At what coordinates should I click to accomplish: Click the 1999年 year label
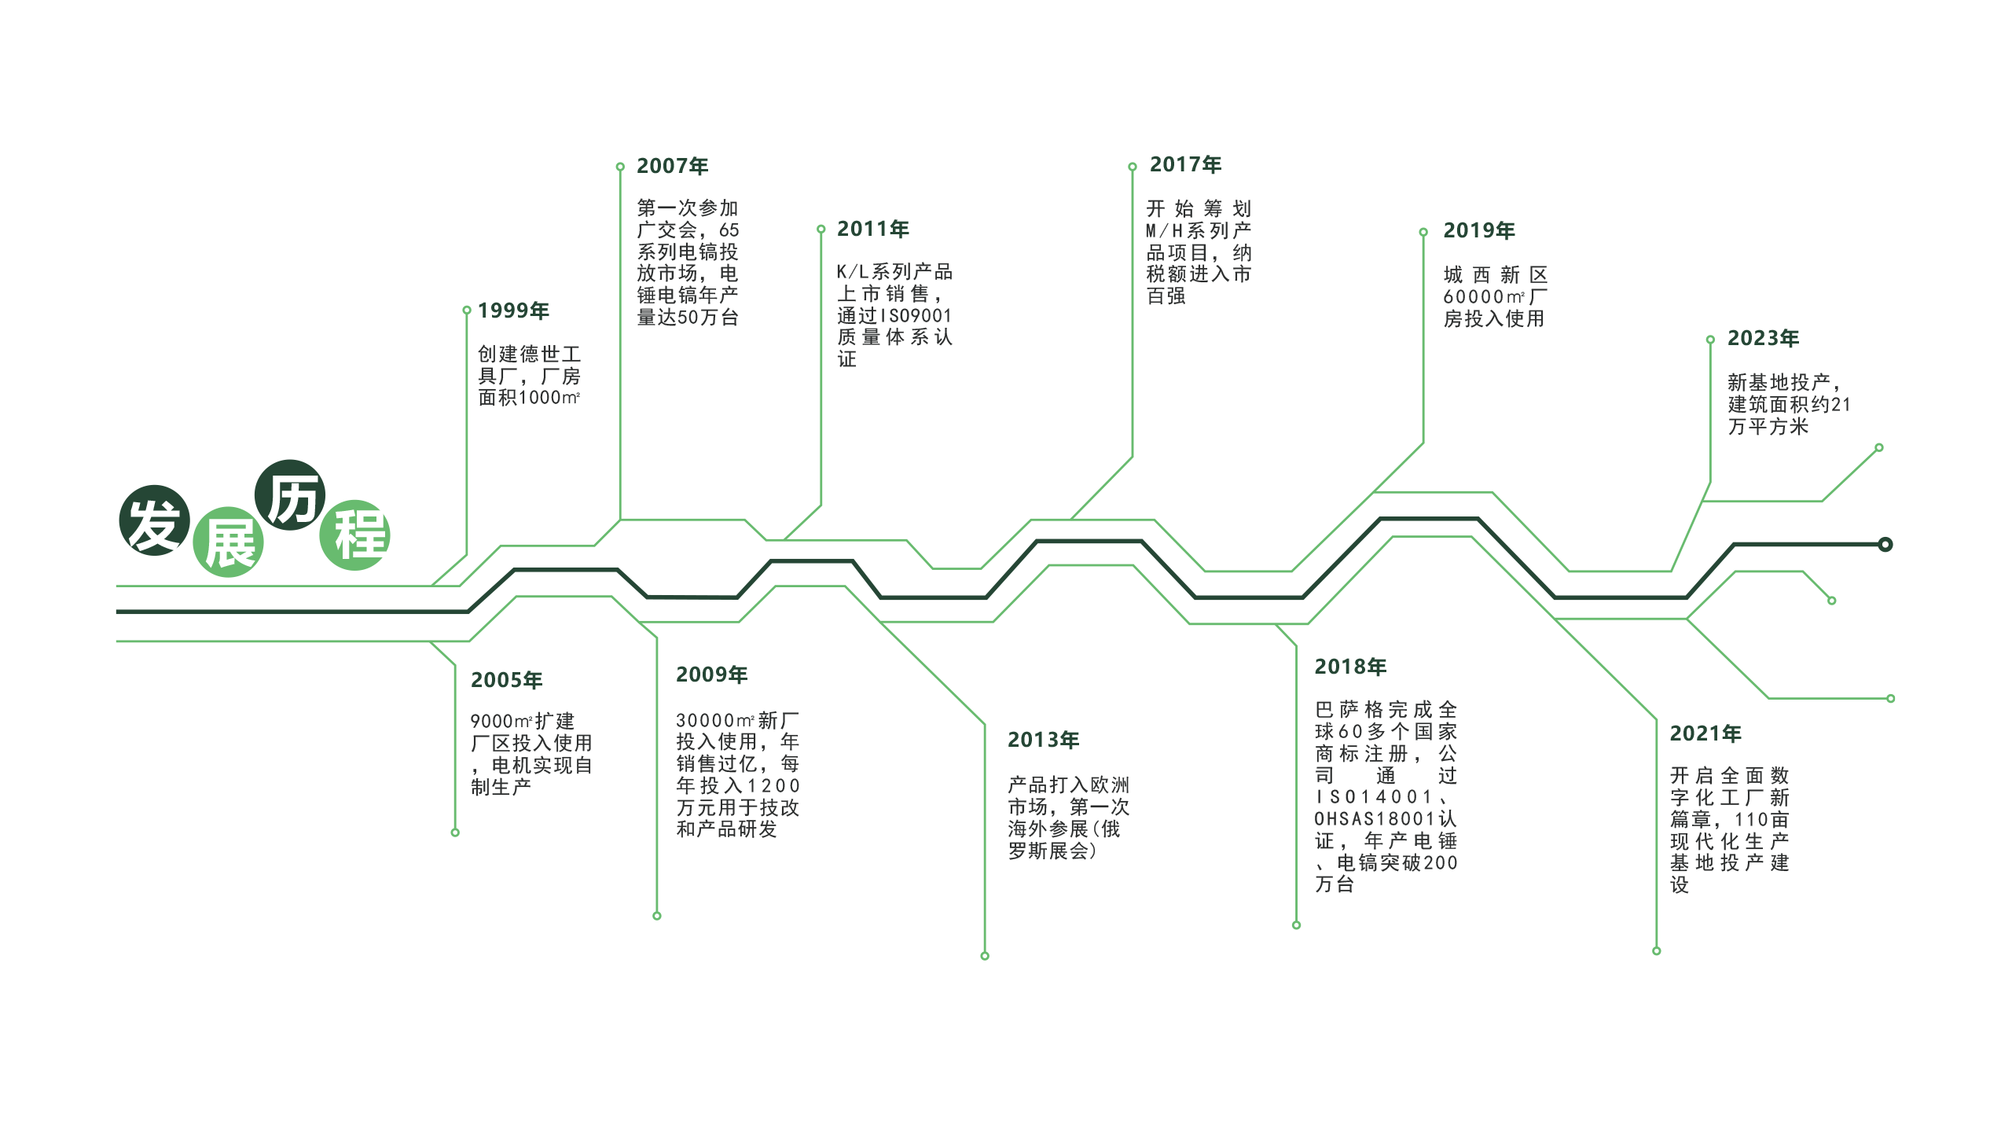coord(513,311)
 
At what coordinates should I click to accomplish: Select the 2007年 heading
coord(672,166)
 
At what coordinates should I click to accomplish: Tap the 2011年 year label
coord(872,229)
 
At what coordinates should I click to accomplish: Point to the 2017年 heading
coord(1185,165)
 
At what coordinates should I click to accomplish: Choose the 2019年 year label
coord(1478,230)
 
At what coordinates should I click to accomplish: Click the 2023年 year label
coord(1763,338)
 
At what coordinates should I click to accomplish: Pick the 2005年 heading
coord(506,680)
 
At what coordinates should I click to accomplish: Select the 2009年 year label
coord(711,674)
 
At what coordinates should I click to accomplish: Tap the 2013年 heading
coord(1043,740)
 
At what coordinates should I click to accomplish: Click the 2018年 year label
coord(1350,667)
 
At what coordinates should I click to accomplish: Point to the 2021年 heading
coord(1705,733)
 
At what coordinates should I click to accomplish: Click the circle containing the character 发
coord(154,520)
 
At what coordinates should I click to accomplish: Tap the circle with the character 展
coord(229,542)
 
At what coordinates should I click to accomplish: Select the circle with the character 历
coord(290,495)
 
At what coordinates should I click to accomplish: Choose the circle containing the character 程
coord(355,535)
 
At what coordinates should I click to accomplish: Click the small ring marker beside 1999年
coord(467,311)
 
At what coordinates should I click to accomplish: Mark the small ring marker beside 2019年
coord(1423,232)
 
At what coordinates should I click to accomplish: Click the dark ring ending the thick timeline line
coord(1885,545)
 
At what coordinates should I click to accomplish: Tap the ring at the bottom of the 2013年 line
coord(985,956)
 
